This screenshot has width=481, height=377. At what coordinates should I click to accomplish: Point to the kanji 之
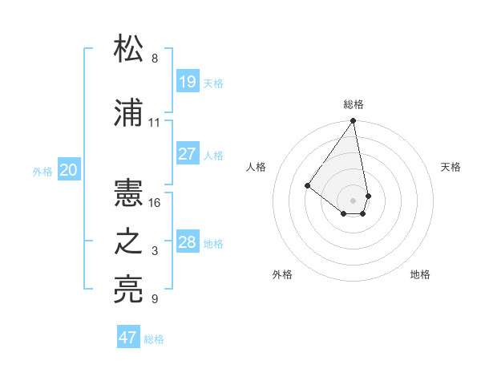click(129, 243)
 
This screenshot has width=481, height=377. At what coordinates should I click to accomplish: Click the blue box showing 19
click(188, 81)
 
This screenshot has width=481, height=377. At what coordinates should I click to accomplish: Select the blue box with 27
click(188, 154)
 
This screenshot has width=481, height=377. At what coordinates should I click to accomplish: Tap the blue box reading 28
click(188, 242)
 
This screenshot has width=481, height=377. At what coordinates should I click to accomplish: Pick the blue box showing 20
click(69, 170)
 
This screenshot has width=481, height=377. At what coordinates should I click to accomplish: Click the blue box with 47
click(128, 338)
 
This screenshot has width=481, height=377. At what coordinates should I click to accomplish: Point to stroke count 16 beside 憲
click(155, 203)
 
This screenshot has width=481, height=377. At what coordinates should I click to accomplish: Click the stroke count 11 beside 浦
click(155, 123)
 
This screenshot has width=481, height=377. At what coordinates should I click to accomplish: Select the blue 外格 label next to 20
click(42, 171)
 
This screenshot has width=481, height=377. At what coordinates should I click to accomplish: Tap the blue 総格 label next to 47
click(154, 339)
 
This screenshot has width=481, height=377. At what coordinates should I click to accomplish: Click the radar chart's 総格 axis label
click(353, 104)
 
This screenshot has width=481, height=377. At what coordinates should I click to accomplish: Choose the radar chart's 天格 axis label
click(451, 167)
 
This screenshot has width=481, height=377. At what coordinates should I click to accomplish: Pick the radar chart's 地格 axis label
click(420, 274)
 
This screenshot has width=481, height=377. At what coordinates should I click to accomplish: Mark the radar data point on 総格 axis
click(353, 122)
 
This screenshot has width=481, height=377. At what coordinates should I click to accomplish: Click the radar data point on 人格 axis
click(307, 185)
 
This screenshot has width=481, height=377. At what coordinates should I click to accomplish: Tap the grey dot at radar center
click(353, 200)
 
